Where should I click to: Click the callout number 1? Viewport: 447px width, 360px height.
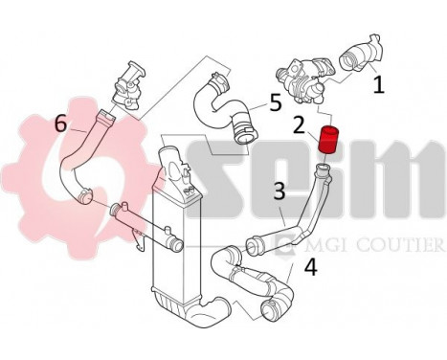coord(378,85)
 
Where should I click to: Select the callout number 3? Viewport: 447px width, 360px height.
coord(279,191)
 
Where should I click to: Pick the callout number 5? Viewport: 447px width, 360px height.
coord(275,101)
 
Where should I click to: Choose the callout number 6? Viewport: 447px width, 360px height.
coord(61,123)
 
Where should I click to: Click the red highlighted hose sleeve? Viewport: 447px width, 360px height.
coord(329,140)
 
